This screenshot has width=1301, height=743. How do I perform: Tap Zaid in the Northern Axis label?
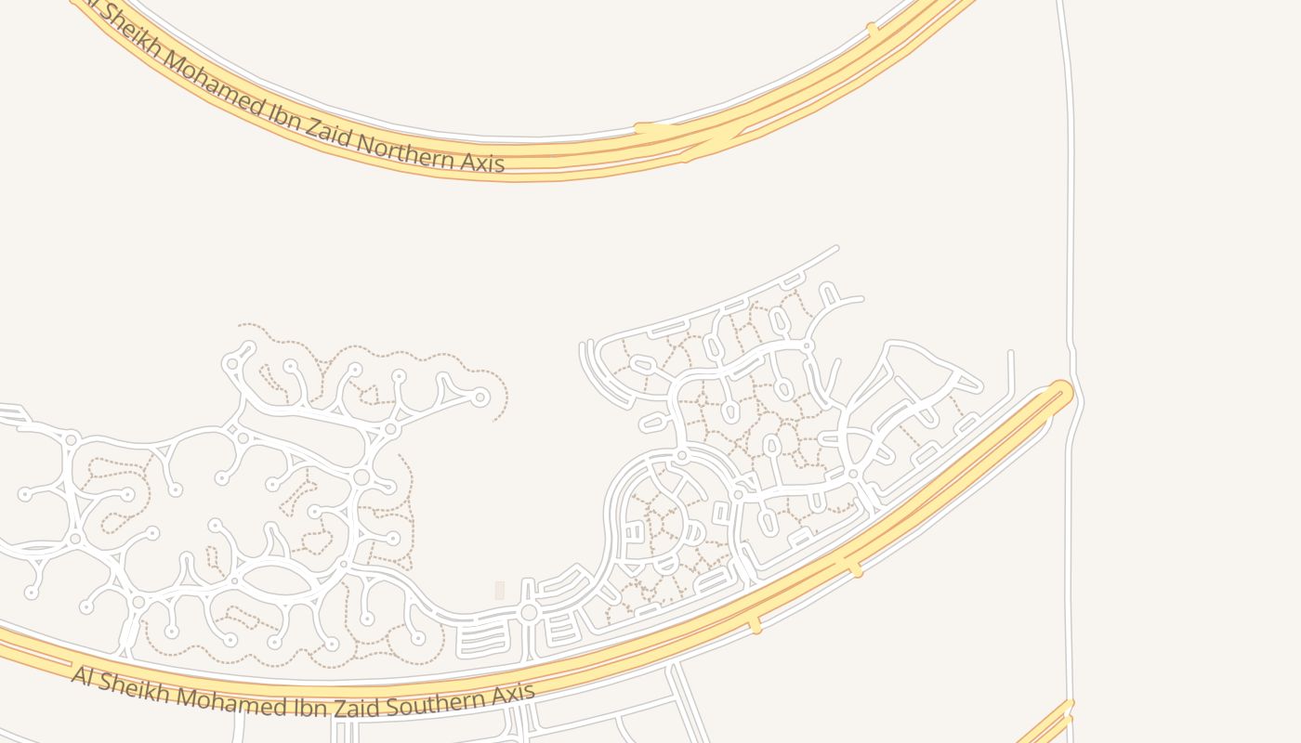tap(325, 131)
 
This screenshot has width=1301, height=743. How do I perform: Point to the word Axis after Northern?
tap(481, 163)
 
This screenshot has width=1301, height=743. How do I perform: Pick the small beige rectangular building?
tap(500, 590)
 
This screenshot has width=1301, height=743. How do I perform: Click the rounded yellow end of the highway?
tap(1060, 392)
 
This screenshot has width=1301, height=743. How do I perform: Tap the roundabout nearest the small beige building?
tap(529, 613)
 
